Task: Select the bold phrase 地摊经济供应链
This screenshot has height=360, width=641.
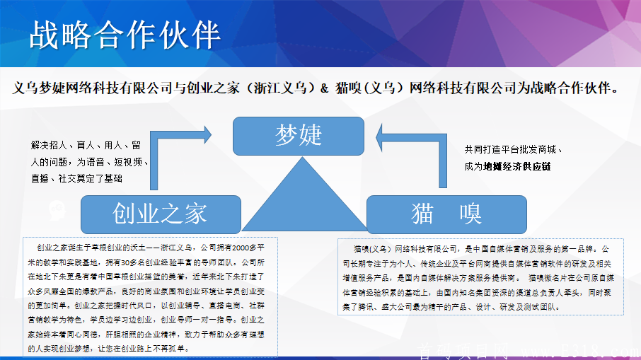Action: [x=516, y=166]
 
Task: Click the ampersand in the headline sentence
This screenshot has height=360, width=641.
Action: [x=325, y=88]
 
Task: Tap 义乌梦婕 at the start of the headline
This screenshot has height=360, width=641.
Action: [x=40, y=88]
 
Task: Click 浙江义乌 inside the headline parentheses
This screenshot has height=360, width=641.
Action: [x=279, y=88]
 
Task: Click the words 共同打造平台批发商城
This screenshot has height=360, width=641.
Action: [x=510, y=150]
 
